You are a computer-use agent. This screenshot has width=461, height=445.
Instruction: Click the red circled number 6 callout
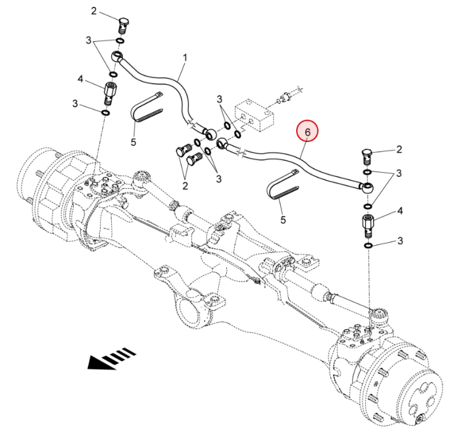click(x=308, y=132)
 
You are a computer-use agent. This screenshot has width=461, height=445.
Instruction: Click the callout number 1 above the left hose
click(x=184, y=58)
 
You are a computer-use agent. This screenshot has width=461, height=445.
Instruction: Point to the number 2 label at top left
click(x=94, y=11)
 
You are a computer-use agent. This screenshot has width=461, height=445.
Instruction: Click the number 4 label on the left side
click(x=80, y=79)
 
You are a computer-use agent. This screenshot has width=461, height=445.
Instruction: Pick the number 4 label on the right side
click(x=400, y=211)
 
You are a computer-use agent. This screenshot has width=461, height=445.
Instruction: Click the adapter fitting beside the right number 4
click(x=367, y=227)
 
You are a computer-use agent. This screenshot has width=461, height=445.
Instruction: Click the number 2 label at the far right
click(x=399, y=149)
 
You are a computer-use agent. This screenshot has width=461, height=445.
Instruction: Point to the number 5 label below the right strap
click(x=283, y=219)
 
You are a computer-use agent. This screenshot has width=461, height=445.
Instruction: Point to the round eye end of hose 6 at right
click(x=367, y=186)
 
